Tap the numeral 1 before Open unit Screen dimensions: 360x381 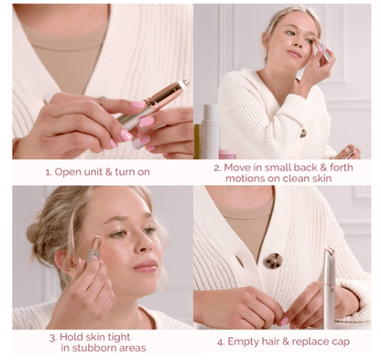pyautogui.click(x=49, y=171)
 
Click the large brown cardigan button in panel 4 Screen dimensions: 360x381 pyautogui.click(x=272, y=260)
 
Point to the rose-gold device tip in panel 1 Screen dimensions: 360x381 pyautogui.click(x=178, y=87)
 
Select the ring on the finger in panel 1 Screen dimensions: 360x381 pyautogui.click(x=102, y=99)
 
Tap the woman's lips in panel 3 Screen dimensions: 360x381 pyautogui.click(x=146, y=266)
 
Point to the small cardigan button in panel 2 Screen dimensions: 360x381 pyautogui.click(x=303, y=134)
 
